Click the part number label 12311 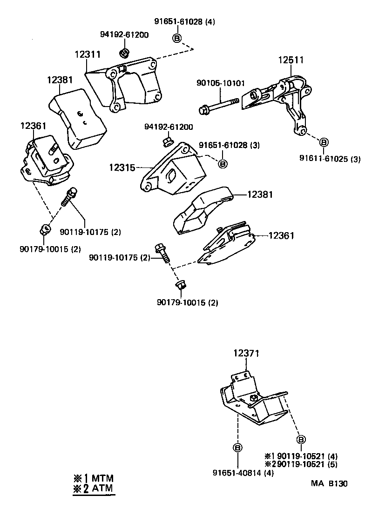(x=87, y=54)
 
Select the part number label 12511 (x=291, y=60)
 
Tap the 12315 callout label (x=122, y=166)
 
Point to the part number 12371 (x=246, y=354)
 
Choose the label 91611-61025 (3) (x=330, y=160)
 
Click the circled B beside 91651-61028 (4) (x=177, y=38)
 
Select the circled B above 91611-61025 (x=324, y=142)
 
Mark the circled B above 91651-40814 (x=237, y=448)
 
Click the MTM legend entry (x=93, y=478)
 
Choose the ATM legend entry (x=93, y=489)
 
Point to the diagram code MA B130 (x=329, y=483)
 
